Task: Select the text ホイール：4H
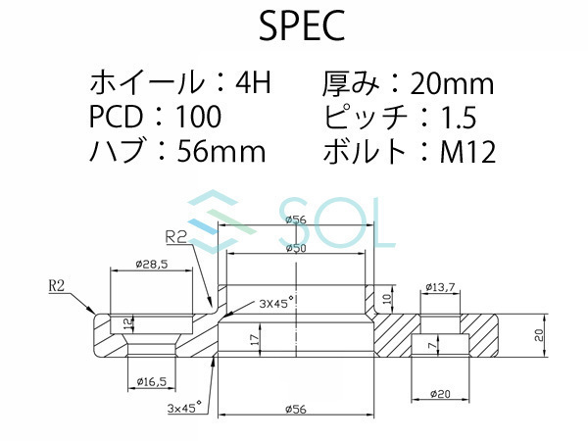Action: tap(177, 82)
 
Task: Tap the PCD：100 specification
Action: tap(155, 118)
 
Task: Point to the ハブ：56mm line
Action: tap(177, 152)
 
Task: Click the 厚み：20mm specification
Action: tap(408, 82)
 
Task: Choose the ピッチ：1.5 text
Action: tap(399, 118)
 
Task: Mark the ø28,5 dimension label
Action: tap(151, 265)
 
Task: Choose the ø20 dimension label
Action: tap(439, 394)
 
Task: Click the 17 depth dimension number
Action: tap(255, 340)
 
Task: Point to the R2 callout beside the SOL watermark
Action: tap(177, 236)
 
